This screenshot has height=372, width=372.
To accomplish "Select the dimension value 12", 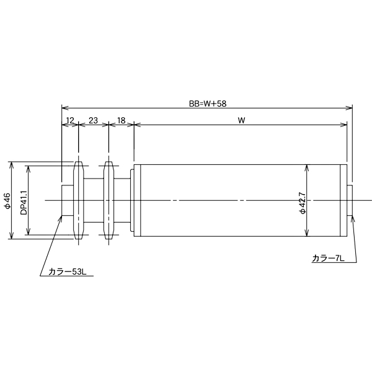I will coord(69,120).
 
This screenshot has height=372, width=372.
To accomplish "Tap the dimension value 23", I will coord(93,120).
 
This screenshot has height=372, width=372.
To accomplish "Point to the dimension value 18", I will coord(121,120).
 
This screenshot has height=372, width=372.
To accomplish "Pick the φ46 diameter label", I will coord(7,201).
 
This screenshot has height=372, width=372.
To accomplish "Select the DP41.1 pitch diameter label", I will coord(24,201).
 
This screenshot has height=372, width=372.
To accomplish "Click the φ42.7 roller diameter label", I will coord(302,201).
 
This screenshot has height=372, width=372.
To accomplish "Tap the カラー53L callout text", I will coord(66,271).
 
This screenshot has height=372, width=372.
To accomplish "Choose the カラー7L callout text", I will coord(328,257).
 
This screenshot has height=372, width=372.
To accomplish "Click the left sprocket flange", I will coord(78,200).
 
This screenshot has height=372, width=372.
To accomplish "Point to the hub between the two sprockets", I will coord(93,200).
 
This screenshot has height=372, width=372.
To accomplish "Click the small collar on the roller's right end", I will coord(350,200).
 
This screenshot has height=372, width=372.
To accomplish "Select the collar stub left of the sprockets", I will coord(67,200).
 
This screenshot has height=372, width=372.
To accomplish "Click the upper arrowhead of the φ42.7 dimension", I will coord(307,167).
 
